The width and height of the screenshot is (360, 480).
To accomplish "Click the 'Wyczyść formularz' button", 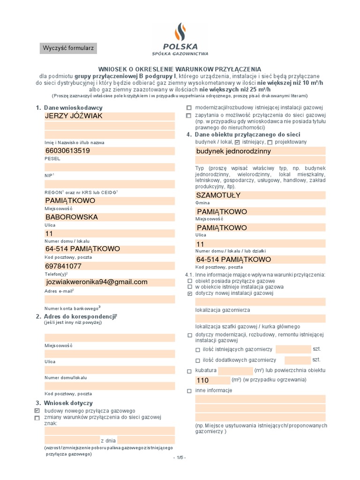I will coord(68,48).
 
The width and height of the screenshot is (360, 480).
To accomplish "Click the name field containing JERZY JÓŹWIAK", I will coord(110,116).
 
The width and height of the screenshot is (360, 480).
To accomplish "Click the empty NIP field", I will coord(110,167).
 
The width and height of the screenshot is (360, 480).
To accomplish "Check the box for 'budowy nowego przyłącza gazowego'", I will coord(37,410).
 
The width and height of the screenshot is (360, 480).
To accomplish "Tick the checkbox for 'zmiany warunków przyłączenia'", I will coord(37,418).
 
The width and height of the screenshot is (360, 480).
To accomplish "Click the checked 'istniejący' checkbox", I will coord(238,142).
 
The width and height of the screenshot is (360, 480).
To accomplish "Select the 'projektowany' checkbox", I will coord(270,142).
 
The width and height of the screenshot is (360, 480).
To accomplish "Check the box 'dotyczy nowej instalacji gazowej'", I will coord(189,293).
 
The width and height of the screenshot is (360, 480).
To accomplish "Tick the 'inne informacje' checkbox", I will coord(189,390).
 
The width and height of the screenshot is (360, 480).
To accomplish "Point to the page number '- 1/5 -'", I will coord(180,457).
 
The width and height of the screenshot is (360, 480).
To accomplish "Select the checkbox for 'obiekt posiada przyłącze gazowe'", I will coord(189,280).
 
